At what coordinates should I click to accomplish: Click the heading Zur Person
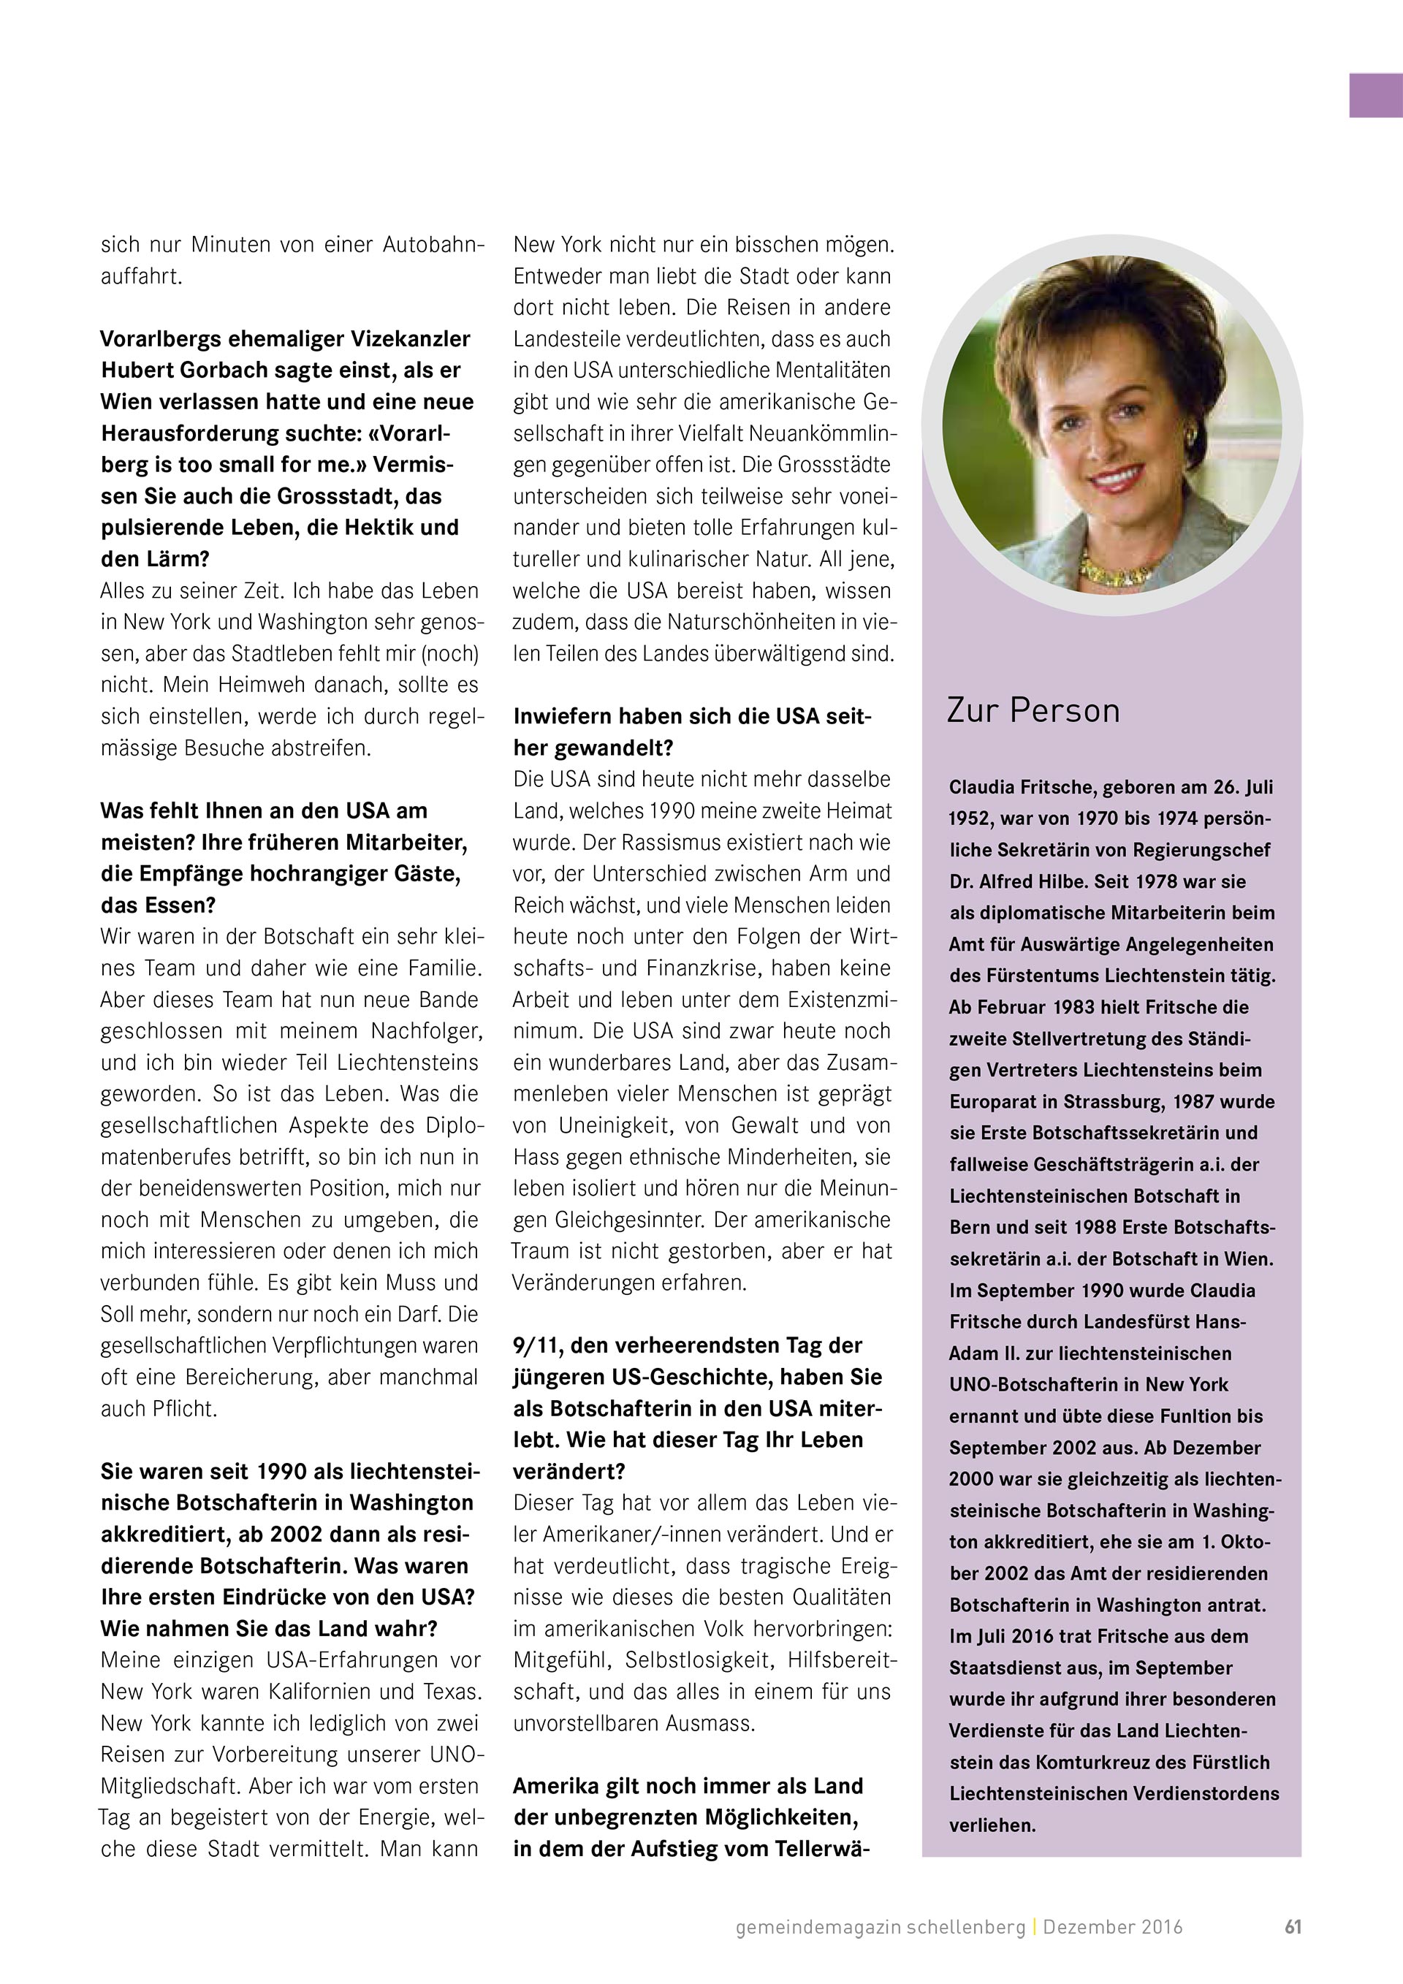pos(1033,711)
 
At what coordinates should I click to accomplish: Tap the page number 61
pos(1293,1926)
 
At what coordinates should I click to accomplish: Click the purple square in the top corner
pos(1375,95)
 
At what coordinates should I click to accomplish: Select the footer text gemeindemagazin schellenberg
pos(881,1927)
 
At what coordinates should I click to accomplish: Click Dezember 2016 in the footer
pos(1113,1927)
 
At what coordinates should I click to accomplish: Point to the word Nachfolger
pos(427,1032)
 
